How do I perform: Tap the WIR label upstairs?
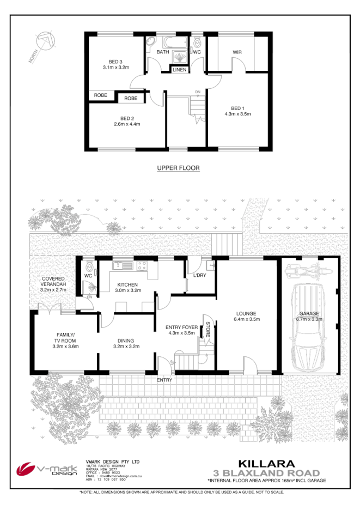pyautogui.click(x=237, y=52)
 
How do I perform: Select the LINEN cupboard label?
pyautogui.click(x=179, y=70)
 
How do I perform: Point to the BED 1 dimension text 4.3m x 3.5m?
pyautogui.click(x=237, y=114)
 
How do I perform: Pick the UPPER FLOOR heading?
pyautogui.click(x=178, y=168)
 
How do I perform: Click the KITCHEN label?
pyautogui.click(x=127, y=284)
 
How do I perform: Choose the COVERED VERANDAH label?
pyautogui.click(x=54, y=284)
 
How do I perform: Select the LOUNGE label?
pyautogui.click(x=246, y=313)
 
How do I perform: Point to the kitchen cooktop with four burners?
pyautogui.click(x=142, y=266)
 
